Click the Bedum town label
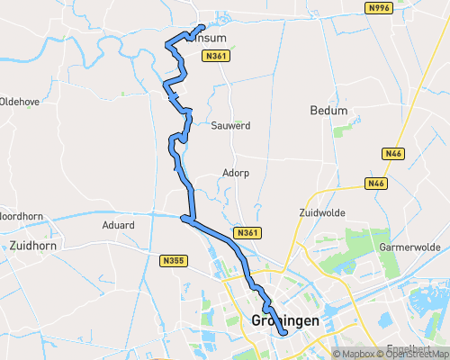tap(327, 111)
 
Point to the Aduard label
tap(118, 225)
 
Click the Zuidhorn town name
tap(35, 244)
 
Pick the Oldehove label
tap(19, 102)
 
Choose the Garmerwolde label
tap(409, 247)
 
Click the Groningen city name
tap(286, 320)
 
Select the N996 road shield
tap(380, 8)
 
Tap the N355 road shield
tap(174, 261)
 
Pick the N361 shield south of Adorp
tap(248, 233)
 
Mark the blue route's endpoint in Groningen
tap(285, 334)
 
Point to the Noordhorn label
tap(15, 216)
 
